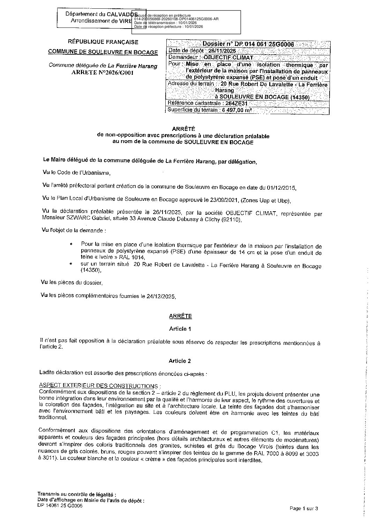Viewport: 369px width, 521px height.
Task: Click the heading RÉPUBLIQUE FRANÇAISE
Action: [103, 42]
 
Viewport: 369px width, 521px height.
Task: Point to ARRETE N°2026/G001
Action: [103, 72]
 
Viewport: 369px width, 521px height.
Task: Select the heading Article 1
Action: [180, 329]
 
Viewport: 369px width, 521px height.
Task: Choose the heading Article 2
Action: [180, 361]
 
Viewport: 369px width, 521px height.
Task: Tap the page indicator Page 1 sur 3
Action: [304, 508]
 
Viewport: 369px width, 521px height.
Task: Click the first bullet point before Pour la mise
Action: [71, 245]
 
